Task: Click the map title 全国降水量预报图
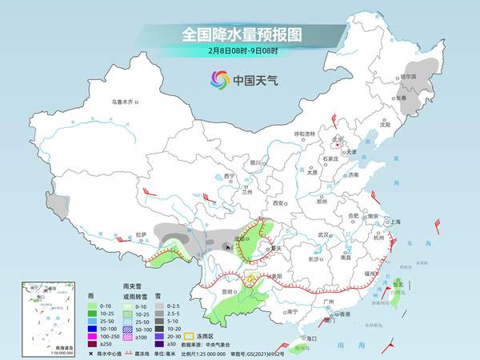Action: pos(240,35)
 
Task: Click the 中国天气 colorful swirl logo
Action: pos(219,79)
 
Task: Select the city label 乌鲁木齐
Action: pos(124,102)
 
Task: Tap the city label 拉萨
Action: pos(141,234)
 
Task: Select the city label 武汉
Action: pos(324,234)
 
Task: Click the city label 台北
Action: pos(398,282)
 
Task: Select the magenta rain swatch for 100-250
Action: pos(94,336)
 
